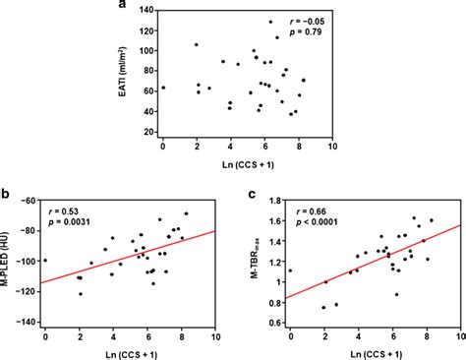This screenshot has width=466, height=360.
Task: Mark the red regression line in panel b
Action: click(129, 257)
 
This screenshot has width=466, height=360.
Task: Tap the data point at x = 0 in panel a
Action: click(163, 88)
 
